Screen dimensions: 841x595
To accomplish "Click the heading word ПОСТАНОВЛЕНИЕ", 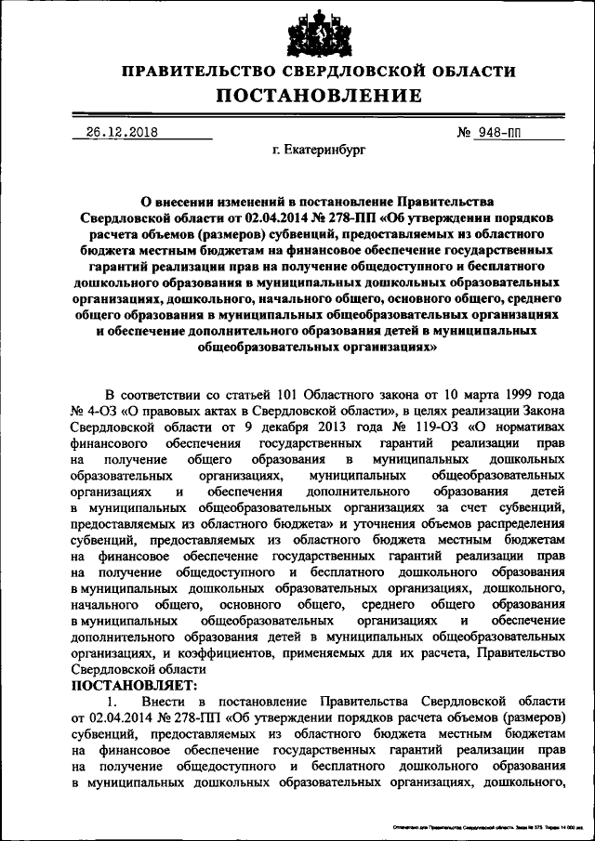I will click(319, 96).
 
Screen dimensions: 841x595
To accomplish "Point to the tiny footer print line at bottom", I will click(480, 824).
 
